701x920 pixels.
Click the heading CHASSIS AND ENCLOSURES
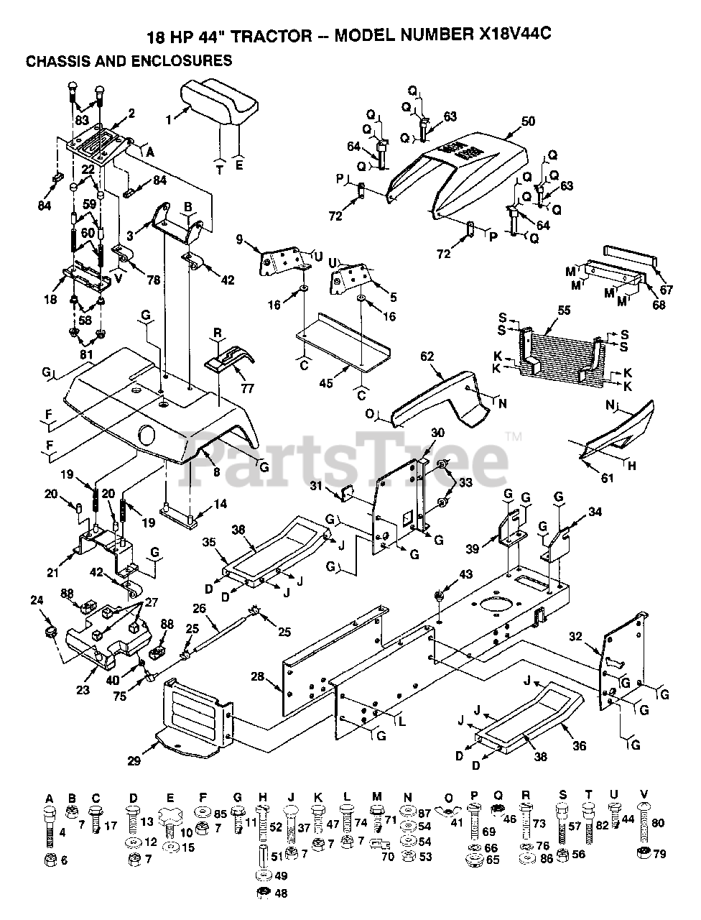(x=129, y=61)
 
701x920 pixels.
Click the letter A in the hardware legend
(x=49, y=798)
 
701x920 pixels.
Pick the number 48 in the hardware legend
(x=280, y=894)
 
